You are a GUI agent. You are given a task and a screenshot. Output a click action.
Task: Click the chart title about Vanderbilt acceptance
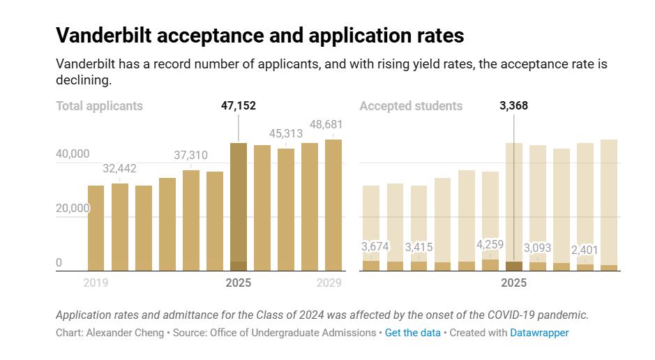pyautogui.click(x=259, y=35)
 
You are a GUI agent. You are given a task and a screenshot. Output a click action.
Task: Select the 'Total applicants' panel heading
pyautogui.click(x=99, y=106)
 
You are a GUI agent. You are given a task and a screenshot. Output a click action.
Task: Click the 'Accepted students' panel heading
pyautogui.click(x=411, y=106)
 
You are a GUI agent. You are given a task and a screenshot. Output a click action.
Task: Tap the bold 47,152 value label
pyautogui.click(x=238, y=106)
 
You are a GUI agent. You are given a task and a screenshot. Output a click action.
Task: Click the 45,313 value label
pyautogui.click(x=286, y=133)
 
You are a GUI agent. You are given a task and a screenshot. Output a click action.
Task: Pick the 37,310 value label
pyautogui.click(x=190, y=155)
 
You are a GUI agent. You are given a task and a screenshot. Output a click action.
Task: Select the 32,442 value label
pyautogui.click(x=119, y=168)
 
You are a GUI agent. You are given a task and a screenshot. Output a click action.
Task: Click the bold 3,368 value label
pyautogui.click(x=513, y=106)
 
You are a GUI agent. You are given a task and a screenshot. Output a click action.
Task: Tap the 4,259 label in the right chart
pyautogui.click(x=490, y=244)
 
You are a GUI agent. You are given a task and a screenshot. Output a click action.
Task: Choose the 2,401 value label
pyautogui.click(x=585, y=250)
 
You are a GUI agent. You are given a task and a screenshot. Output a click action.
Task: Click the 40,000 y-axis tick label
pyautogui.click(x=73, y=153)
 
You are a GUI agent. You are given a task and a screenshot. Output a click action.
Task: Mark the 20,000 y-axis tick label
pyautogui.click(x=73, y=208)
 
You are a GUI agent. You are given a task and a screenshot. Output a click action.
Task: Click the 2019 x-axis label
pyautogui.click(x=96, y=283)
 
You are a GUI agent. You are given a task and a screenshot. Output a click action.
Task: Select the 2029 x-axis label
pyautogui.click(x=329, y=283)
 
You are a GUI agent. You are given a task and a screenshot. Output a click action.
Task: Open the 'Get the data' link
pyautogui.click(x=413, y=333)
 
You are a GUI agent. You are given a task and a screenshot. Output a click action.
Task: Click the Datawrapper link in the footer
pyautogui.click(x=539, y=333)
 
